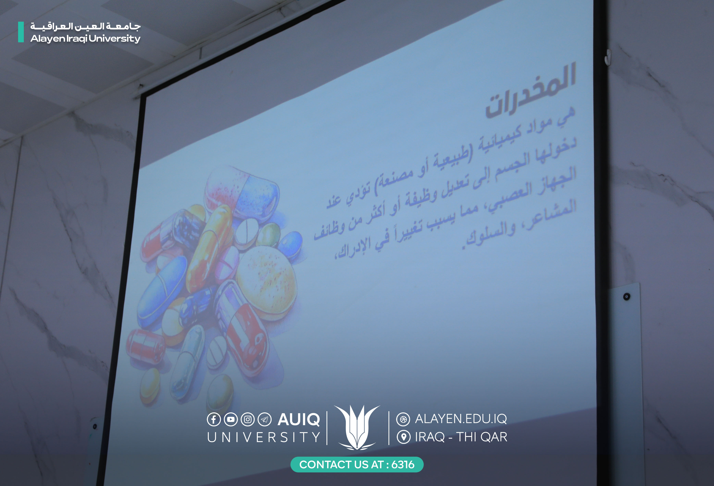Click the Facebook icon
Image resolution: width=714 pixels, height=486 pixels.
point(214,419)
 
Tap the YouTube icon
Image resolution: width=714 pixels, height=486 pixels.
point(231,419)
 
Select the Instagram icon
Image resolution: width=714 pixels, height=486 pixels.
point(248,419)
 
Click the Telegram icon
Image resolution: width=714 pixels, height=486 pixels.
point(265,419)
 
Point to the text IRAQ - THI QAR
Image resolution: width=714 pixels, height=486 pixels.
point(461,437)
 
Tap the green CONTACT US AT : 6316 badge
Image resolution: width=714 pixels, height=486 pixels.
point(357,465)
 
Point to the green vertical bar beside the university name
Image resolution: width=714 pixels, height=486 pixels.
point(21,32)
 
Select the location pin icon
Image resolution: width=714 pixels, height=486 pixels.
point(403,437)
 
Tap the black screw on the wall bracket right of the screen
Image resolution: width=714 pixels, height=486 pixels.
point(627,296)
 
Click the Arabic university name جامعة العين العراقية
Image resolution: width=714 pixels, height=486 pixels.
point(85,26)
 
